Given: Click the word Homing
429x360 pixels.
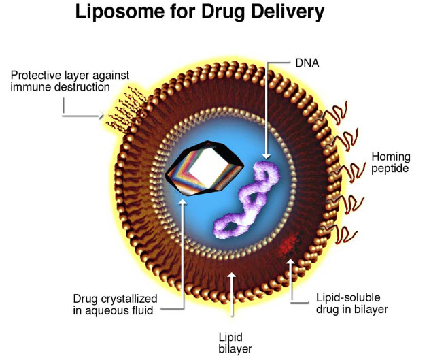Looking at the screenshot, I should (391, 157).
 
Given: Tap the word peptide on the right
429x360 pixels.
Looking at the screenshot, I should (390, 168).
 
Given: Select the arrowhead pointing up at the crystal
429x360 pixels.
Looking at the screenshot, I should (183, 202).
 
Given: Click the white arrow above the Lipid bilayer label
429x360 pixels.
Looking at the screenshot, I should (233, 286).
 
